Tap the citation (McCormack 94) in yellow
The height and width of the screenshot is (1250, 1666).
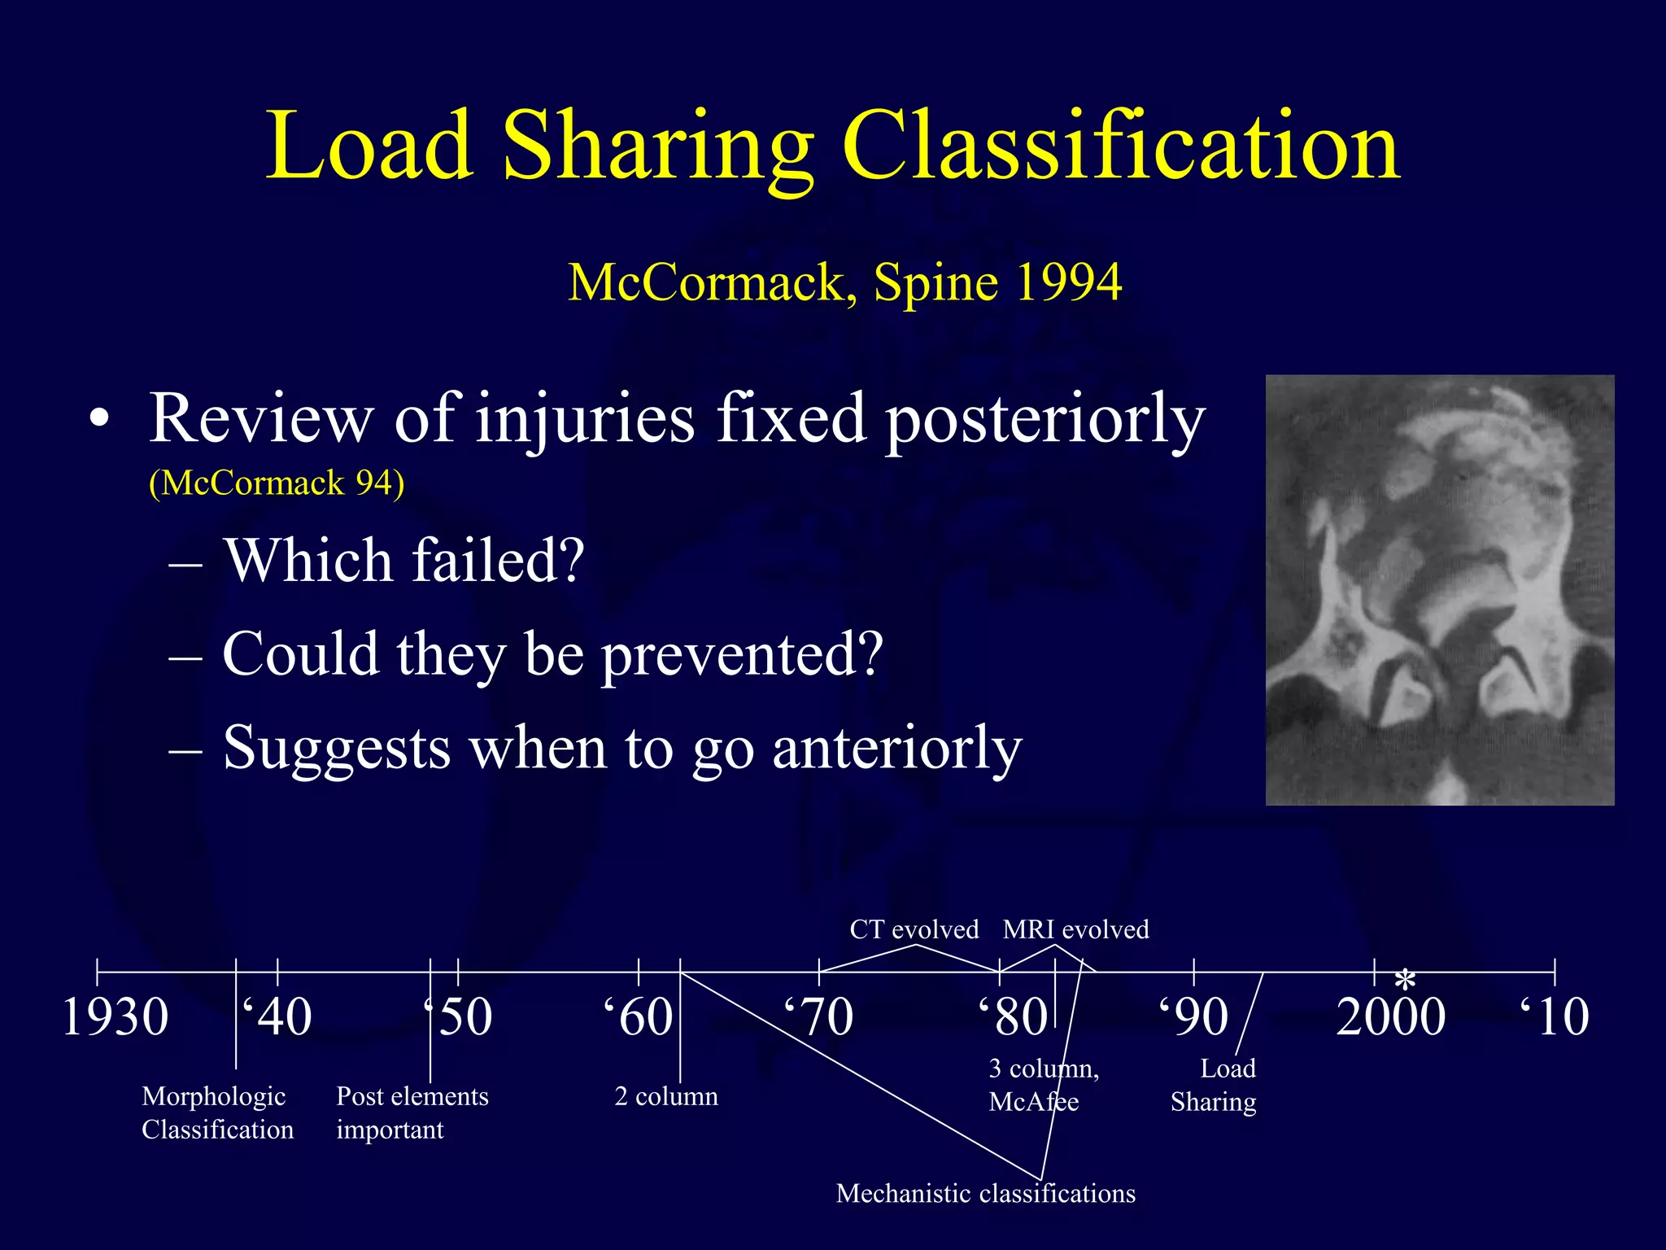coord(277,483)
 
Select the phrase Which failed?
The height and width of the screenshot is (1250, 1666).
coord(404,561)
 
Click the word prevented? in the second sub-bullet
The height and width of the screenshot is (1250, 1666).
coord(742,654)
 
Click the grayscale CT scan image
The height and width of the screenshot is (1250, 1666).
coord(1439,590)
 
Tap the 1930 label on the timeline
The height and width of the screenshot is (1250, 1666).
coord(115,1017)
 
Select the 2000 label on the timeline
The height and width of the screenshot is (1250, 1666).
coord(1390,1017)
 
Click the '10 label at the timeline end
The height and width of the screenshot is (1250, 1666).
coord(1555,1017)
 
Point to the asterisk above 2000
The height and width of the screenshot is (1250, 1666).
coord(1405,980)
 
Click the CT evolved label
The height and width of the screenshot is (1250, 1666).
coord(914,929)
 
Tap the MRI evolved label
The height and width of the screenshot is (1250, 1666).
coord(1075,929)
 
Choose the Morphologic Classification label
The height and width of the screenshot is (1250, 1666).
coord(217,1113)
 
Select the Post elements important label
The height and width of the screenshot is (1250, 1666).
coord(412,1113)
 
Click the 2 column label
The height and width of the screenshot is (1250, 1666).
coord(666,1097)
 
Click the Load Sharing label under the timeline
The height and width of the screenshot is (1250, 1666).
coord(1214,1086)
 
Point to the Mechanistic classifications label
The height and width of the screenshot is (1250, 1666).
coord(985,1194)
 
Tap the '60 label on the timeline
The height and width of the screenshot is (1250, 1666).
coord(639,1017)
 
